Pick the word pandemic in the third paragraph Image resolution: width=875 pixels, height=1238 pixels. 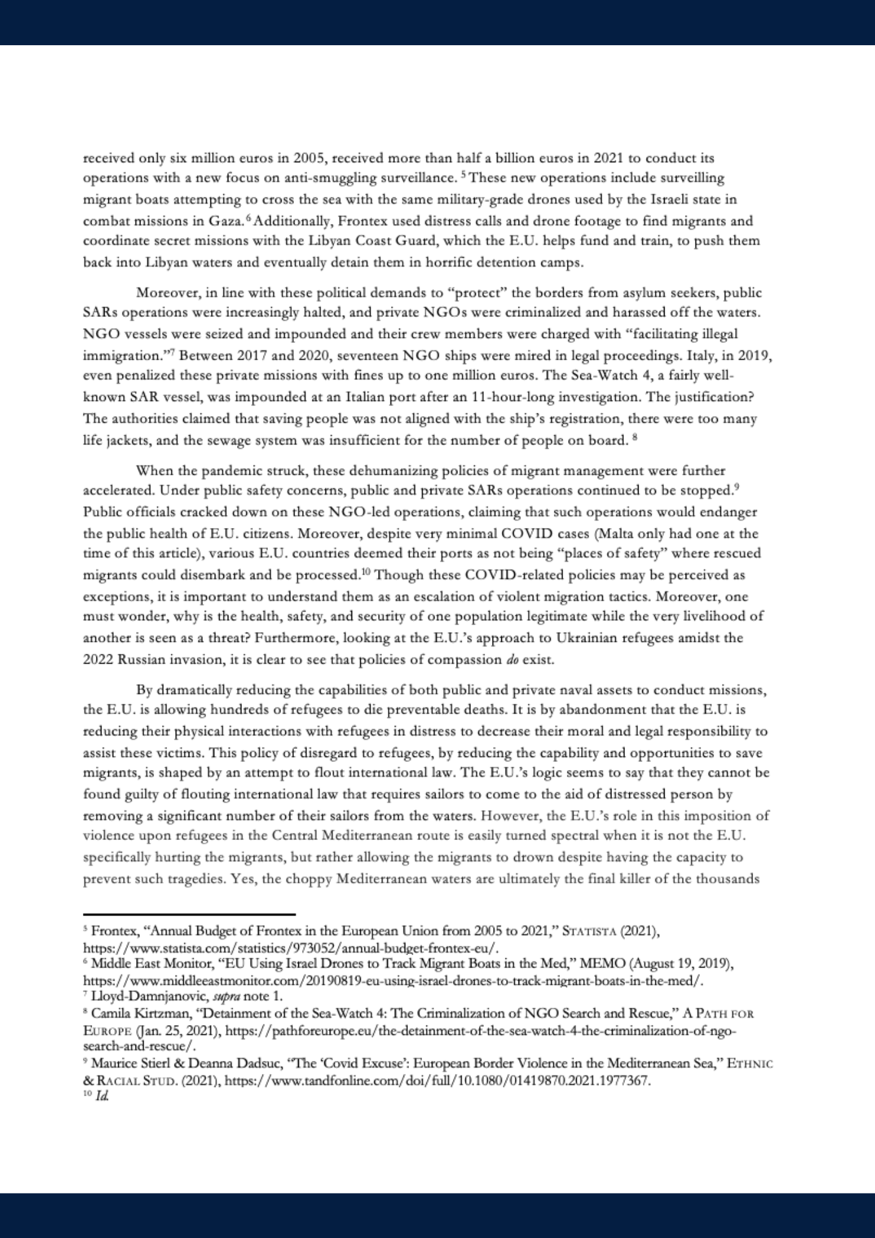coord(218,471)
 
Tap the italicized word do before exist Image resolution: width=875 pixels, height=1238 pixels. coord(512,660)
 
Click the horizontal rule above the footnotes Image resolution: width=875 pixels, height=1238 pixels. coord(189,914)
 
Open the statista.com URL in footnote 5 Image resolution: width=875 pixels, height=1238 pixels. coord(291,948)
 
